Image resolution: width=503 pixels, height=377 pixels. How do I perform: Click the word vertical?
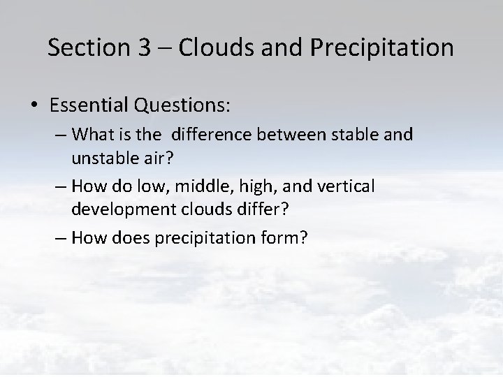click(x=347, y=186)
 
